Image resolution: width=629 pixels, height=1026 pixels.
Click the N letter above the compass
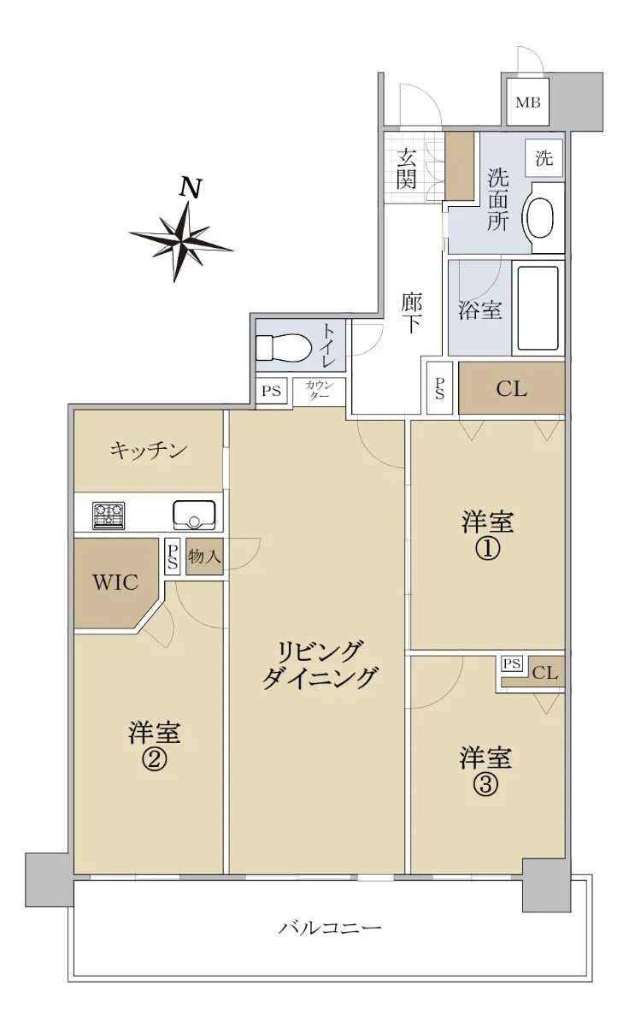pyautogui.click(x=191, y=187)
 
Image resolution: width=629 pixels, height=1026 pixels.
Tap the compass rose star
pyautogui.click(x=181, y=242)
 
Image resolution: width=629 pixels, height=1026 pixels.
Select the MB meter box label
pyautogui.click(x=528, y=102)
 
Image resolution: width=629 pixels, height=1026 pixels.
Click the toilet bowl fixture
pyautogui.click(x=284, y=348)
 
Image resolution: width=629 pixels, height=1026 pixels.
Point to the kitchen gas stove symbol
pyautogui.click(x=109, y=516)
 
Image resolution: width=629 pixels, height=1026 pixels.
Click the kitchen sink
pyautogui.click(x=194, y=515)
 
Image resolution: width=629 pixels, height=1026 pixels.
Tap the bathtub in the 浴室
pyautogui.click(x=538, y=308)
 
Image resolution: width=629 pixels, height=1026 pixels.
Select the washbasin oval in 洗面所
pyautogui.click(x=540, y=217)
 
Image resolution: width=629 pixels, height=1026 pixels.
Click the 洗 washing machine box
pyautogui.click(x=544, y=158)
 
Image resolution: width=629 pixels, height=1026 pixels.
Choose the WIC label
pyautogui.click(x=115, y=582)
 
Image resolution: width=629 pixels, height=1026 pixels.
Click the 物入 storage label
pyautogui.click(x=204, y=557)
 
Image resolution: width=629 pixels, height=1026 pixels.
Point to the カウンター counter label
pyautogui.click(x=319, y=390)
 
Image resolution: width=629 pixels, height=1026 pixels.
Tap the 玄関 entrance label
pyautogui.click(x=406, y=169)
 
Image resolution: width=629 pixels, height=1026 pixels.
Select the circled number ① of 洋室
pyautogui.click(x=487, y=549)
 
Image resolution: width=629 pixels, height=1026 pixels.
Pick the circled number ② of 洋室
pyautogui.click(x=154, y=760)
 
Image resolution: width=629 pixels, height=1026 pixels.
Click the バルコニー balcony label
pyautogui.click(x=330, y=928)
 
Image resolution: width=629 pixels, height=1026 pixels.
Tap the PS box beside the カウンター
pyautogui.click(x=271, y=391)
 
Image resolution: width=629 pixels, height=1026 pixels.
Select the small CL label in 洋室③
pyautogui.click(x=544, y=673)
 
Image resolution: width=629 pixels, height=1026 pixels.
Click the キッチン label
pyautogui.click(x=149, y=451)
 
